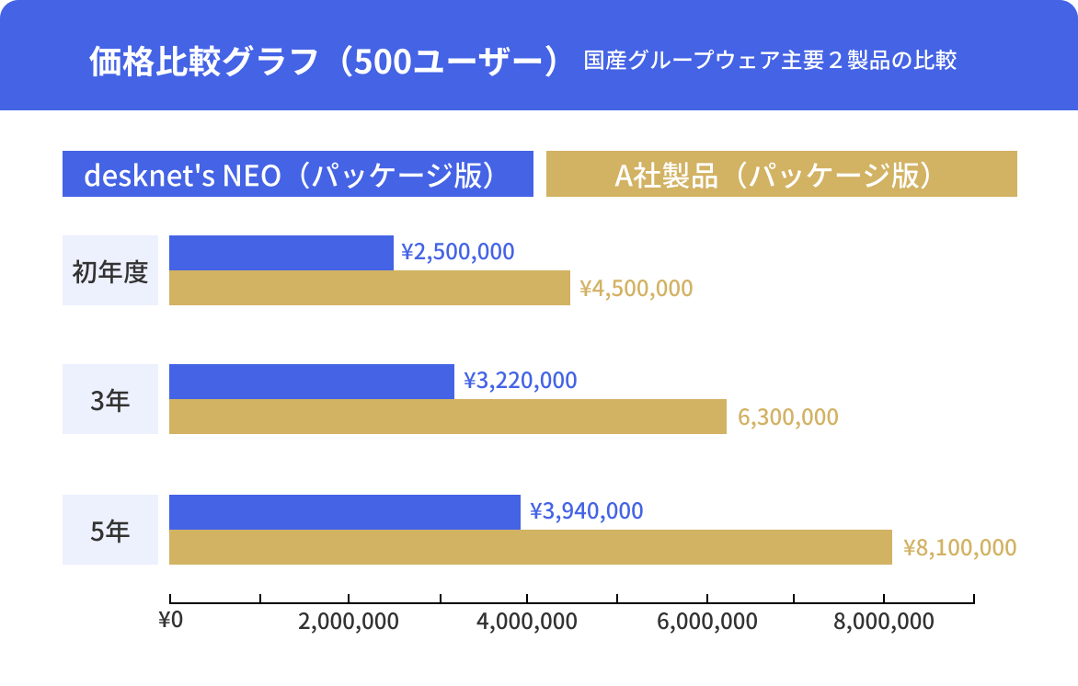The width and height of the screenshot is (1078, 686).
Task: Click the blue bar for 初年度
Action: (281, 253)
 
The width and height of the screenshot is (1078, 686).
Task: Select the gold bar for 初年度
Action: (370, 288)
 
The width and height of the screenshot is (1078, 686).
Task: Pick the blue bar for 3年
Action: (312, 382)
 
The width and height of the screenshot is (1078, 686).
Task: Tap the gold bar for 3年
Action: (448, 417)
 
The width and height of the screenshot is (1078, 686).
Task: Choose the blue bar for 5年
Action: (345, 512)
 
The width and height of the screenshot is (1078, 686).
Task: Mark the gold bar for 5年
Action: (531, 547)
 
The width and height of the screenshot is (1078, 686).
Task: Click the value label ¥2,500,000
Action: (458, 252)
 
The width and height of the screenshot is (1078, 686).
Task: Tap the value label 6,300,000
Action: (788, 417)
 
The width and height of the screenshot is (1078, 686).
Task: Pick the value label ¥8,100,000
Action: (960, 548)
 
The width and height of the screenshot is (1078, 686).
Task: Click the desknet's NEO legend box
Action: (298, 175)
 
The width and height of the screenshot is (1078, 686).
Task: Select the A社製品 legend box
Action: (782, 175)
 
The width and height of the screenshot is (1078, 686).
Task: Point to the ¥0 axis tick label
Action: (171, 620)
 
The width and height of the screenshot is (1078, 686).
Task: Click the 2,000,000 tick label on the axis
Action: (349, 622)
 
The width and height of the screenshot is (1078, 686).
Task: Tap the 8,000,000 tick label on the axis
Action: (884, 622)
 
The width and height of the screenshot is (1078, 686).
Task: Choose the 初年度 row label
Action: (110, 271)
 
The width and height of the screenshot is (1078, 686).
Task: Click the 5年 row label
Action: (110, 531)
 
